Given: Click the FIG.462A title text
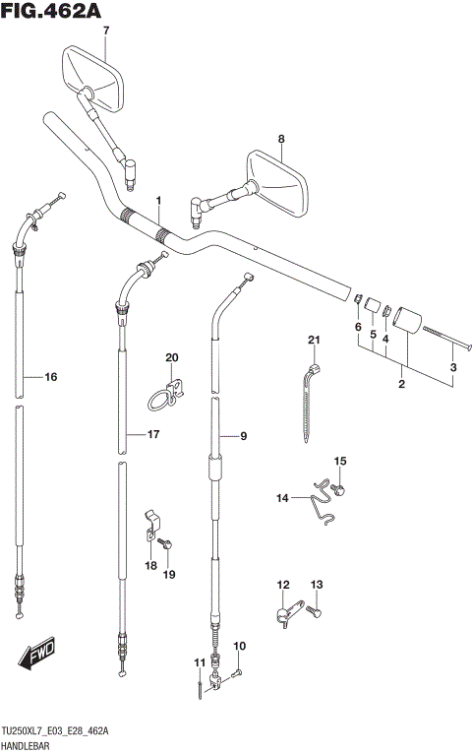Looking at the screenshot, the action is tap(51, 11).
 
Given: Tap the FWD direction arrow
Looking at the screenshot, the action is tap(37, 654).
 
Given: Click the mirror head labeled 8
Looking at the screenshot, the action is tap(276, 182).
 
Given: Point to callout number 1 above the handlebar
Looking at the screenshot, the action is tap(158, 200).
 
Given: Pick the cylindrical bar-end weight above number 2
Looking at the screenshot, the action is tap(407, 320).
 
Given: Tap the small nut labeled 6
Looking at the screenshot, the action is tap(358, 299).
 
